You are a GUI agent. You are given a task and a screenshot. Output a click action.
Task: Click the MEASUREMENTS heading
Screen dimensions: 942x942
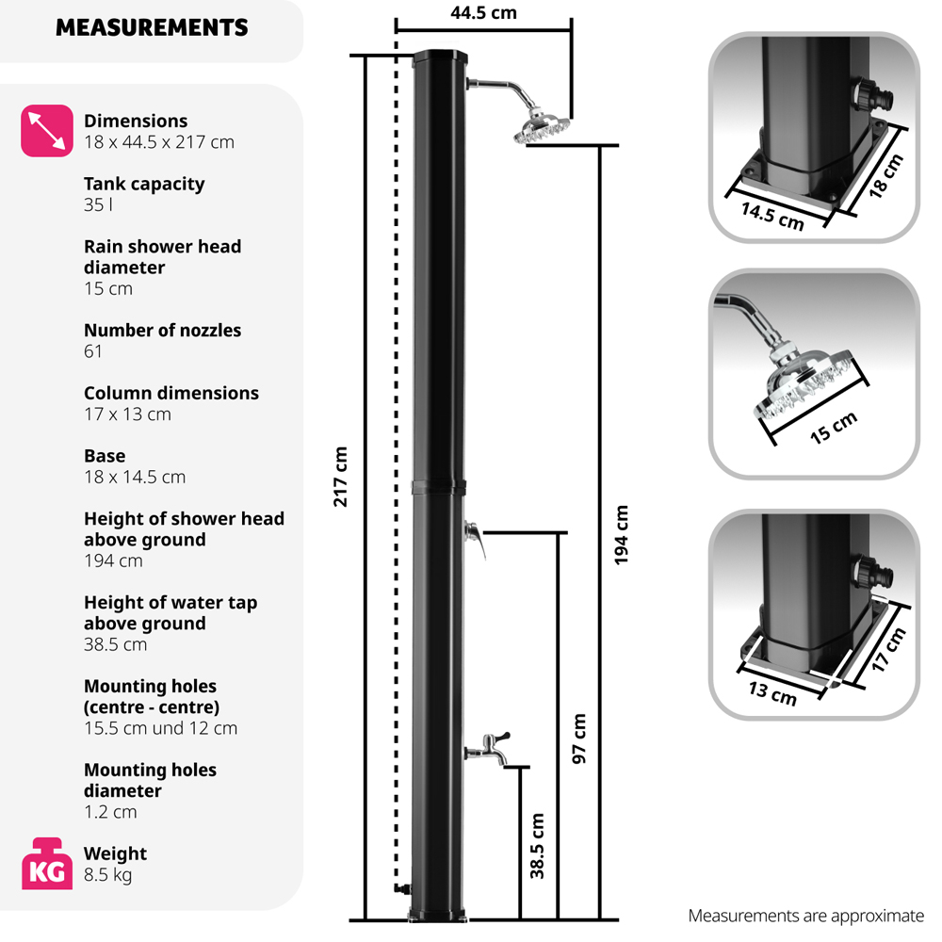[x=152, y=28]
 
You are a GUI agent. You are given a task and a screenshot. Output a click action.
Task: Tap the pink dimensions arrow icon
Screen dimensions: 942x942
[x=46, y=130]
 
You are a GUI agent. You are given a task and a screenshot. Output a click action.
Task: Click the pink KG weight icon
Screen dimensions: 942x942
[x=46, y=863]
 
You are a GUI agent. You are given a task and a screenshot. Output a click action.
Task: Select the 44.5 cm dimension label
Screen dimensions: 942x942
[x=483, y=13]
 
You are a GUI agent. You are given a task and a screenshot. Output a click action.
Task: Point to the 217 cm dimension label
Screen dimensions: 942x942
[x=341, y=477]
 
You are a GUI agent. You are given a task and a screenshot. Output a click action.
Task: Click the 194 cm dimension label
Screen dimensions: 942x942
[x=621, y=535]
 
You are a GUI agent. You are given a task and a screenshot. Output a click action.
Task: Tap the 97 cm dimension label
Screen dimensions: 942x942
[x=579, y=738]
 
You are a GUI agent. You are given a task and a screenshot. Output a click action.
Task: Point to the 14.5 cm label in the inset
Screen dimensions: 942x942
[x=771, y=215]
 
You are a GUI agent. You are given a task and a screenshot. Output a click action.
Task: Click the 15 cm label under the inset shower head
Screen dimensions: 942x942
[x=834, y=429]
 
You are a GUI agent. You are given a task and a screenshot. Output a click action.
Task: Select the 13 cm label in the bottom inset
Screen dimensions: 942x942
[x=771, y=694]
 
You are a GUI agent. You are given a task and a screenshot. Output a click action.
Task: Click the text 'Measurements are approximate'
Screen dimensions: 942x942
[x=806, y=916]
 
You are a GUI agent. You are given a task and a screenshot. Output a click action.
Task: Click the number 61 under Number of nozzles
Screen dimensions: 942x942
[x=93, y=351]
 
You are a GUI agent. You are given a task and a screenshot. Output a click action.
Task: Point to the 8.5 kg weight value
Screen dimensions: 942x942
[x=107, y=875]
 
